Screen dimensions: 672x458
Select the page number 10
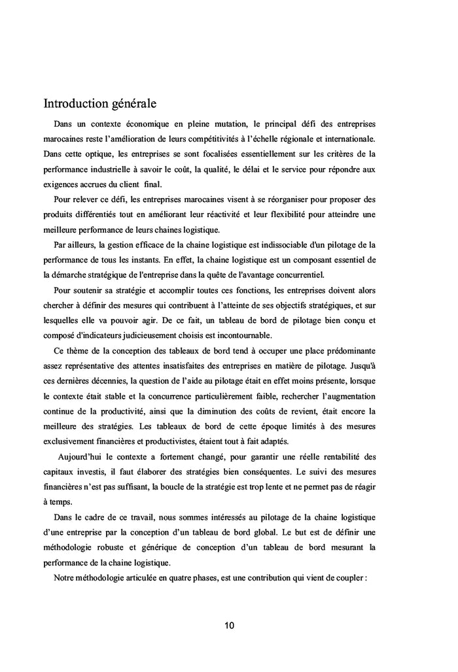(x=229, y=625)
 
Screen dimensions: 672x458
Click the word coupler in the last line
(x=351, y=578)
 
